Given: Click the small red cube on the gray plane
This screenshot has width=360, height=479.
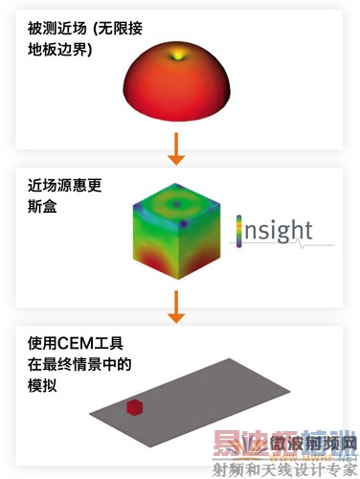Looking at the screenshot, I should click(135, 409).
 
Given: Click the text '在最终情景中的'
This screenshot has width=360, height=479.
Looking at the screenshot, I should click(72, 365).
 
